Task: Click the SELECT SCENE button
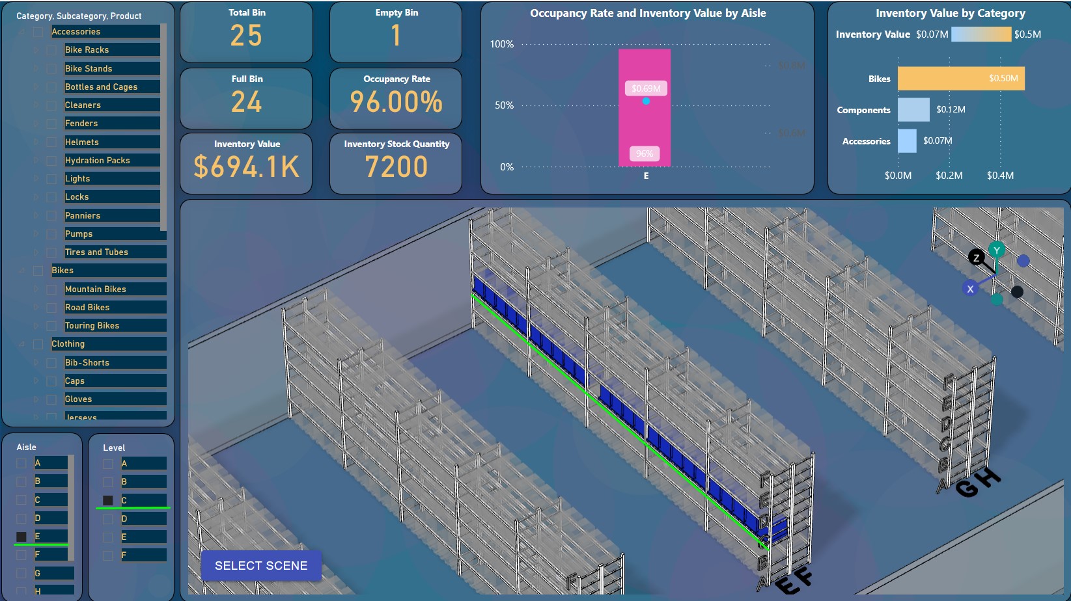point(261,566)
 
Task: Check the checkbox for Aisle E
point(21,537)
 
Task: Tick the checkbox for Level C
point(108,500)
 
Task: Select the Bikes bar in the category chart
point(960,79)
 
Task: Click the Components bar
point(913,110)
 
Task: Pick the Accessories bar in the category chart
point(907,141)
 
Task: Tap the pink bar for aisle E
point(644,124)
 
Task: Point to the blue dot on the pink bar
point(646,101)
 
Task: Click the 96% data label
point(645,154)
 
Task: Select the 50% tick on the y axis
point(504,105)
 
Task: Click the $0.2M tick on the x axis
point(949,176)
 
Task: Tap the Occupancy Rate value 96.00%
point(396,102)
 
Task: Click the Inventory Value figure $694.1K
point(247,167)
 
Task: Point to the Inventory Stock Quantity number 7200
point(396,167)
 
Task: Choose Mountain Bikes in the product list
point(96,289)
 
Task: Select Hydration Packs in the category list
point(98,160)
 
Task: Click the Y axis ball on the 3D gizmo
point(996,250)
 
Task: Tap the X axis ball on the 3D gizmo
point(970,289)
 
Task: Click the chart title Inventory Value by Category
point(950,13)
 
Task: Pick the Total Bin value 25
point(246,36)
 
